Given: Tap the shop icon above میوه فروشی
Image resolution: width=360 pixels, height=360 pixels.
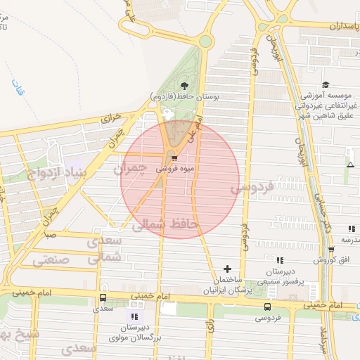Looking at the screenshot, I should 174,158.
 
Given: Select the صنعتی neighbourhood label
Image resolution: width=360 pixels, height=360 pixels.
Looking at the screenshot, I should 50,259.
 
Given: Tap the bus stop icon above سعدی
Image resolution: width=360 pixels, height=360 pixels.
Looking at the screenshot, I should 103,297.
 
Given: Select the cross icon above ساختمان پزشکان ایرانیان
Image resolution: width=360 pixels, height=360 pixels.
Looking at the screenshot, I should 226,269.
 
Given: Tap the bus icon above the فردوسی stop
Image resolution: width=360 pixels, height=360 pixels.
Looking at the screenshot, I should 267,307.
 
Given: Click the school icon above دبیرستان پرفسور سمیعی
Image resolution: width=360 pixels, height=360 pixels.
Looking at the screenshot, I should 280,260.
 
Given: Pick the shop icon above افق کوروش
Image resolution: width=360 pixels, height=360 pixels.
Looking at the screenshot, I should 350,229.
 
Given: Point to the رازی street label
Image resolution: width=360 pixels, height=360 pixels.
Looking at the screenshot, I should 209,326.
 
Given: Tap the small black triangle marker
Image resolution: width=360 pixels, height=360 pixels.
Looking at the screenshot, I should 350,165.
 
